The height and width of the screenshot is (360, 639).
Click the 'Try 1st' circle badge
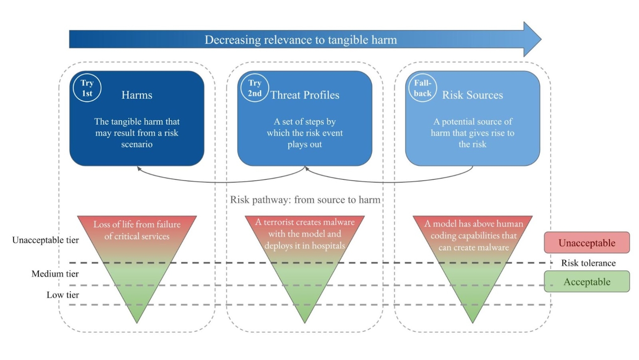87,88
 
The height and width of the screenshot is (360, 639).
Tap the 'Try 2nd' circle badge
255,88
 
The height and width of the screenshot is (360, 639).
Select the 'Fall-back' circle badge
422,88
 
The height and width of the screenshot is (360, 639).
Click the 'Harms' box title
137,95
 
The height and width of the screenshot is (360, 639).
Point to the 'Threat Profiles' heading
305,95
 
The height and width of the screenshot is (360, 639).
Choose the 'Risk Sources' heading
473,95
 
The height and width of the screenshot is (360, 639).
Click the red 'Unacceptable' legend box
587,243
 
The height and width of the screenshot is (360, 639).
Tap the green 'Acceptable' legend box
587,282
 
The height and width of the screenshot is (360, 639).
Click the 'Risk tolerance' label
588,263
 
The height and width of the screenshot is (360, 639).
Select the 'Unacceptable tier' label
45,240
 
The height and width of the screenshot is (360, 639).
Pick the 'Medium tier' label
55,274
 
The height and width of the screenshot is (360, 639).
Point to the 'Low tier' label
62,295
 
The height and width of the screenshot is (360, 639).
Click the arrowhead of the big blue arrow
532,40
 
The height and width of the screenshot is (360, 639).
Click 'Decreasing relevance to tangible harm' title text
300,40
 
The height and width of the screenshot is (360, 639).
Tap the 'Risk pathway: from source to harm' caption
305,200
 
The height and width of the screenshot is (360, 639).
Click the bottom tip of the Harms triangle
137,321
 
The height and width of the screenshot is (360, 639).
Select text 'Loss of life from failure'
137,224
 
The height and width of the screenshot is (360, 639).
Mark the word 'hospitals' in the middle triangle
328,246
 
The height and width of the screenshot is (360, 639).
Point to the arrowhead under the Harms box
139,169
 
